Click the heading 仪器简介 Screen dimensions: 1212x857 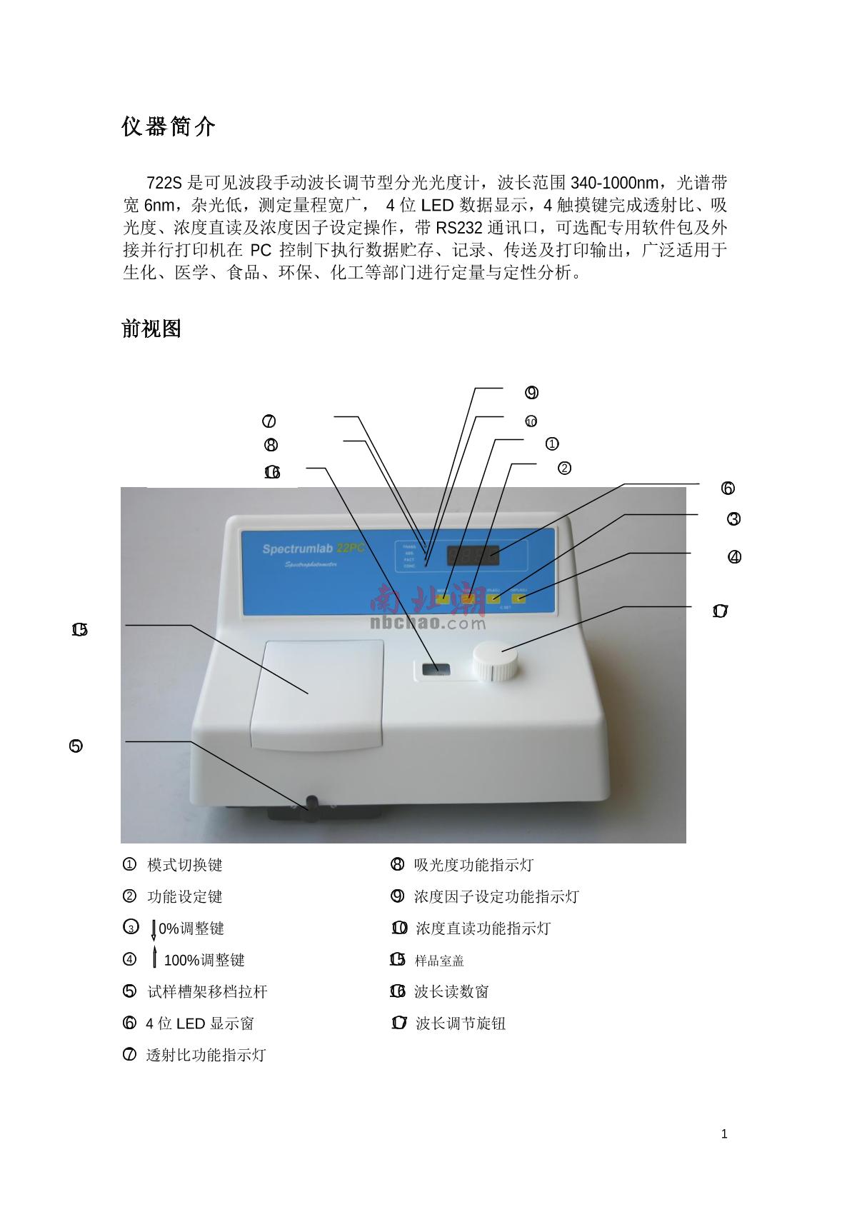pos(169,128)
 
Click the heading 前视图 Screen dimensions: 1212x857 pos(151,329)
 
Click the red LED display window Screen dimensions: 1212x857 pos(472,554)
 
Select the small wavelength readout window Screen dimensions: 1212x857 pos(435,669)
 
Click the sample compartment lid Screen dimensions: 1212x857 pos(317,693)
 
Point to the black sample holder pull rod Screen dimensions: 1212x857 pos(312,805)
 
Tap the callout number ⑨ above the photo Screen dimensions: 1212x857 pos(531,393)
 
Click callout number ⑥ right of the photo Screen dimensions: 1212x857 pos(728,489)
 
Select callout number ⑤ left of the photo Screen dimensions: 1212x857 pos(76,746)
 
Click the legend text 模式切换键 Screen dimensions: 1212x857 pos(185,866)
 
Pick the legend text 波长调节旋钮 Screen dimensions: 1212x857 pos(461,1023)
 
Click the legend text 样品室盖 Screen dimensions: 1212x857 pos(439,961)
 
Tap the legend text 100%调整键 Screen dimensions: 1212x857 pos(204,961)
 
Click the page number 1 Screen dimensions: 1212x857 pos(725,1134)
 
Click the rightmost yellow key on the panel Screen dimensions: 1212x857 pos(518,599)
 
